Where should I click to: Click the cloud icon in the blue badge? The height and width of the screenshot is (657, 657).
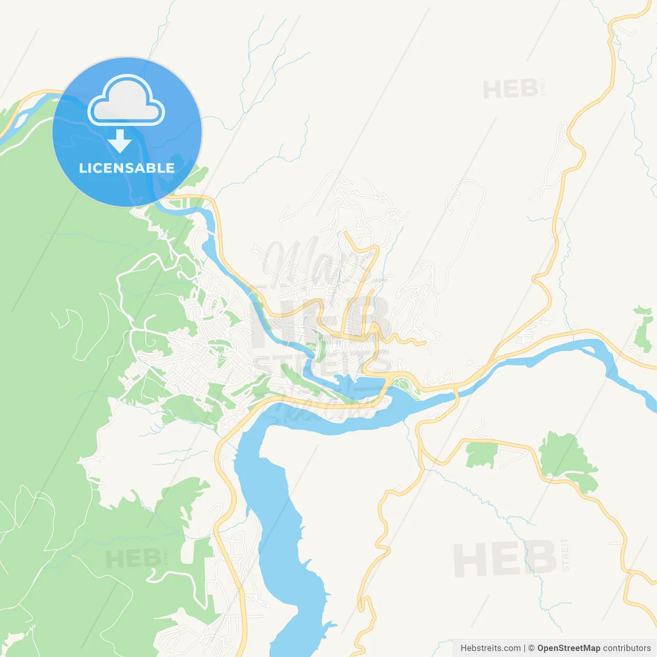click(126, 101)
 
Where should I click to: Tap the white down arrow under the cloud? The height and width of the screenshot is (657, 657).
click(120, 141)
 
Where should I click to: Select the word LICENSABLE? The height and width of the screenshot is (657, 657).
click(127, 168)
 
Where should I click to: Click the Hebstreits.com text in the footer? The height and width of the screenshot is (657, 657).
click(490, 648)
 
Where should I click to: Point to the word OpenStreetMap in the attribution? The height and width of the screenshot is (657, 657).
click(568, 648)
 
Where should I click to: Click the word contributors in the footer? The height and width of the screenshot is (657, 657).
click(627, 648)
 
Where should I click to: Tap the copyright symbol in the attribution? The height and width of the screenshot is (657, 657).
click(531, 648)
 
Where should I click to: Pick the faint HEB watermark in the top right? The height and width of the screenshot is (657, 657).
click(510, 90)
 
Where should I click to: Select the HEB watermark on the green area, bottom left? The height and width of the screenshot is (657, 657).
click(132, 559)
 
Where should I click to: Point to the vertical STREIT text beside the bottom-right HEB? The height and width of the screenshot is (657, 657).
click(566, 555)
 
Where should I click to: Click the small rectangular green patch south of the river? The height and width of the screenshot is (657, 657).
click(481, 455)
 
